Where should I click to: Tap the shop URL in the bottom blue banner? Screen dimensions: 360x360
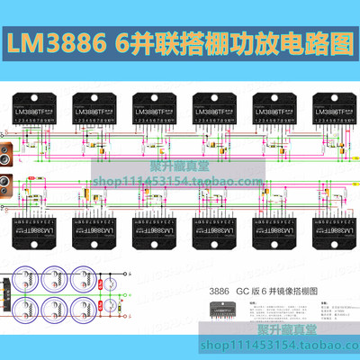(x=243, y=346)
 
